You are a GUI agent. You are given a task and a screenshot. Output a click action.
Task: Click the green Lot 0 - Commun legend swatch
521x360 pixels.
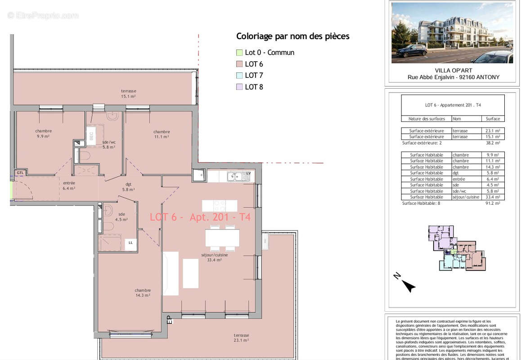click(x=239, y=53)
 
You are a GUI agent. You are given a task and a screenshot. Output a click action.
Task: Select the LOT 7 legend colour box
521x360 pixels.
click(x=239, y=76)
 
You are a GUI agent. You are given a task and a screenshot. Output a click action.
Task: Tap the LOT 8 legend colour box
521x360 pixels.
click(x=239, y=87)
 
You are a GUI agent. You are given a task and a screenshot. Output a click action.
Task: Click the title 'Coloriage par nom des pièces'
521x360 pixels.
click(x=293, y=36)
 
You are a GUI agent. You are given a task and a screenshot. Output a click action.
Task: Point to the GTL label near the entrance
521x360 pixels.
click(x=20, y=173)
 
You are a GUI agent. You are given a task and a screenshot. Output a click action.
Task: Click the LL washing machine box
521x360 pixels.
click(x=130, y=243)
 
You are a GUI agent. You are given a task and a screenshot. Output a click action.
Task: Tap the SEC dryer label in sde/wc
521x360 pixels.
click(x=92, y=137)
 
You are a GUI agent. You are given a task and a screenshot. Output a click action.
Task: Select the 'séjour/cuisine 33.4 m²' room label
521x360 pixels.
click(x=214, y=257)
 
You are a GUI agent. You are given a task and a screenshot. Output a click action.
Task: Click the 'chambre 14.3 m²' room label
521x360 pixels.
click(x=143, y=293)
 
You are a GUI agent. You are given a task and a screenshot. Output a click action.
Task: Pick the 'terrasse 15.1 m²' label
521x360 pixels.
click(x=128, y=94)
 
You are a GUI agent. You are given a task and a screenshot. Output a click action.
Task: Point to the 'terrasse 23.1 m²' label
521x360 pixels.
click(x=241, y=338)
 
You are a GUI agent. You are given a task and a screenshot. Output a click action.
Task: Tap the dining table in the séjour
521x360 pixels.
click(x=222, y=238)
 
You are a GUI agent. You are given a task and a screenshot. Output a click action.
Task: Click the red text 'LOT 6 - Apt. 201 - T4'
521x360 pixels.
click(x=200, y=217)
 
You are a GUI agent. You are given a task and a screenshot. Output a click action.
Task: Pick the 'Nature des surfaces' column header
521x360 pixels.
click(x=427, y=119)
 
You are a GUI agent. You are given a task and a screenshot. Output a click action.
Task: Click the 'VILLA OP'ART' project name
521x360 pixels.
click(x=453, y=70)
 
